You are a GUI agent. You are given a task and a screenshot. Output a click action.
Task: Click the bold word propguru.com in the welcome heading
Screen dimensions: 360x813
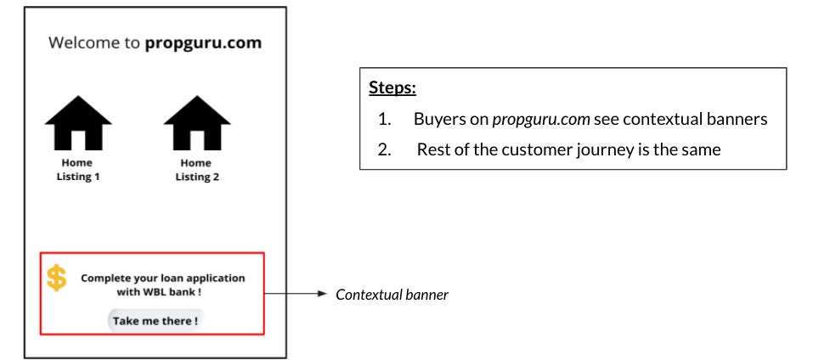[x=203, y=42]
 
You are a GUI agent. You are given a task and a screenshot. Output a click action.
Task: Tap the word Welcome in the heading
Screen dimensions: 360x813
[x=88, y=42]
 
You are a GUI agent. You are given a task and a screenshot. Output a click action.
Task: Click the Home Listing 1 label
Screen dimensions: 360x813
[x=77, y=170]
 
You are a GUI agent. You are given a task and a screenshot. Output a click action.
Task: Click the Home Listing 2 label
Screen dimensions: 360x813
[x=196, y=170]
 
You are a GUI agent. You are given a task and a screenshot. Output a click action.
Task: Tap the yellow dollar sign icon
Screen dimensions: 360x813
[x=57, y=278]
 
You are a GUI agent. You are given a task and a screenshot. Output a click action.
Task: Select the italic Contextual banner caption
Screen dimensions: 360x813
[x=392, y=295]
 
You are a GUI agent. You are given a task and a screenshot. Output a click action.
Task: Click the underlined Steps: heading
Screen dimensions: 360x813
[x=392, y=87]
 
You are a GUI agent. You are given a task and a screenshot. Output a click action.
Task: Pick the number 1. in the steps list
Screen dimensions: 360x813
[x=385, y=119]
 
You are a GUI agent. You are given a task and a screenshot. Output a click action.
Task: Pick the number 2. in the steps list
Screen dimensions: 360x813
[x=385, y=149]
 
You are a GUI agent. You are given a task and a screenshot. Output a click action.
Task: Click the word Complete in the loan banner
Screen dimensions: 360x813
[x=108, y=278]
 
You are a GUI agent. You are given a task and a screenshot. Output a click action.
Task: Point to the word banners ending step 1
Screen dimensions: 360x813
[x=738, y=119]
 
